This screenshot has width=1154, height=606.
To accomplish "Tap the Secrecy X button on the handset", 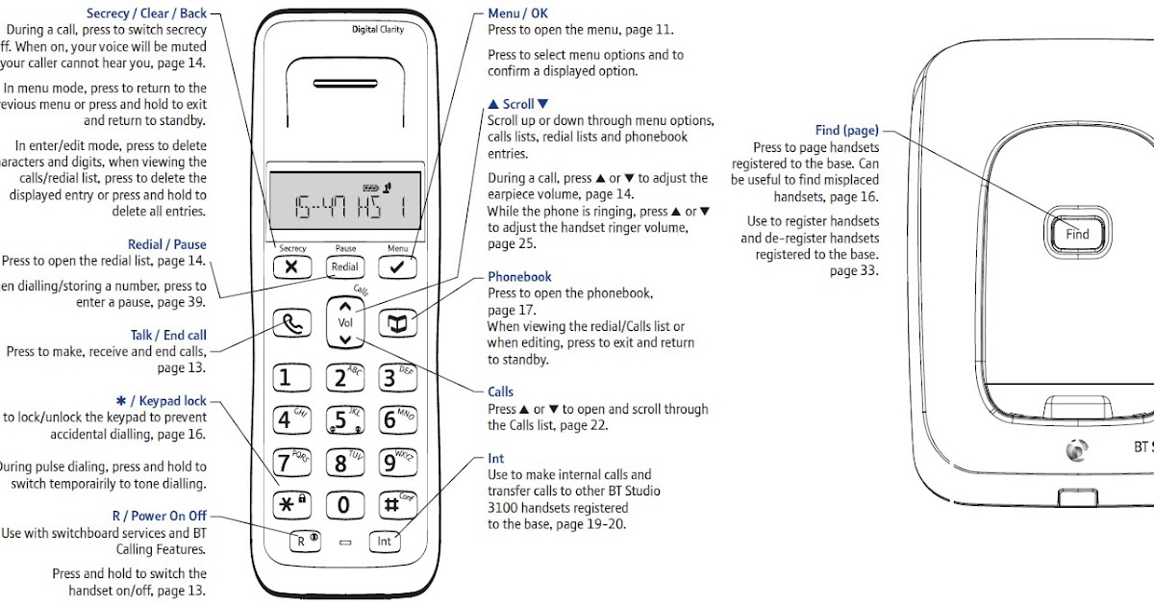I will coord(292,267).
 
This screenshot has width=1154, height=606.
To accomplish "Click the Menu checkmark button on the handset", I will coord(398,267).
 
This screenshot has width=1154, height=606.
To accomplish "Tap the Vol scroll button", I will coord(345,323).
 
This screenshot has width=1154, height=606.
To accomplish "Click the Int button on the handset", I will coord(384,542).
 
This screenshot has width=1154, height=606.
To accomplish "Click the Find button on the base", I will coord(1077,233).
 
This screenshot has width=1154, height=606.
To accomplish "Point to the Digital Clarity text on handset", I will coord(377,30).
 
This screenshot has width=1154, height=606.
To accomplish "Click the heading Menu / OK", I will coord(517,14).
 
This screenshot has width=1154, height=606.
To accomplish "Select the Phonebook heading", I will coord(519,277).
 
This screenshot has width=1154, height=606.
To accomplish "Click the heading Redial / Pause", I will coord(166,245).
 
